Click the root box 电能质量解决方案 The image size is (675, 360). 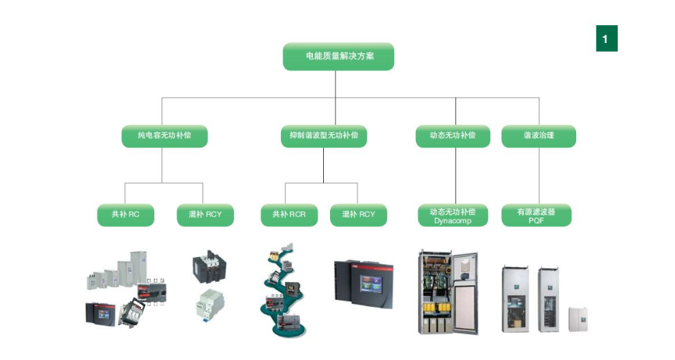(338, 56)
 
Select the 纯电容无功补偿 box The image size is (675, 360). (164, 136)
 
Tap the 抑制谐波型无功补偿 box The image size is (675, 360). (324, 136)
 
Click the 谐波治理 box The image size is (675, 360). (539, 136)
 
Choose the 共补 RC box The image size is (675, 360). (124, 215)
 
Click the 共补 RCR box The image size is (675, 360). (289, 215)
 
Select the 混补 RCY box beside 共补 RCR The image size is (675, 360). (358, 215)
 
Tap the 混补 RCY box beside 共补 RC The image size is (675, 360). (205, 215)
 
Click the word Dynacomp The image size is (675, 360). (453, 221)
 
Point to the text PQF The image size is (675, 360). (536, 221)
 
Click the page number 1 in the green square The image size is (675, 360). (605, 39)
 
